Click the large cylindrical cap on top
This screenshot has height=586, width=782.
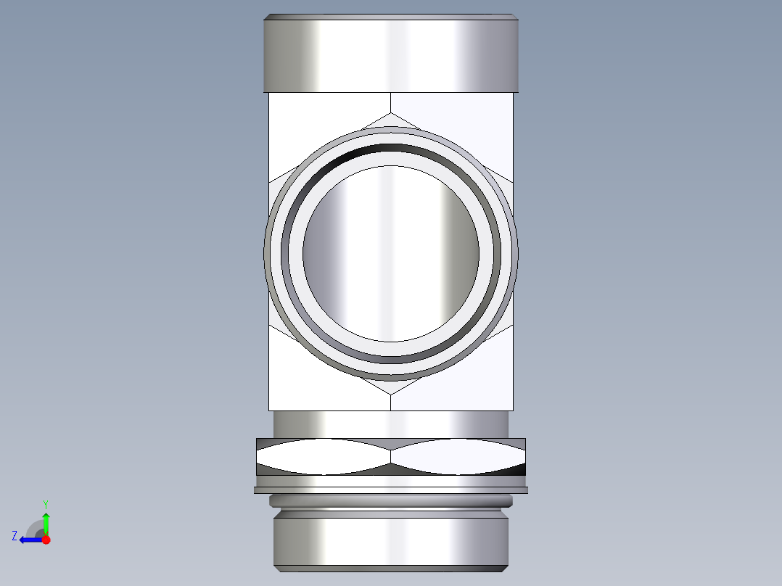[x=391, y=54]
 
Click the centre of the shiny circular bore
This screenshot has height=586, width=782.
[x=391, y=253]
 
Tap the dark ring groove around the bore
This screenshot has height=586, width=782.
[x=391, y=149]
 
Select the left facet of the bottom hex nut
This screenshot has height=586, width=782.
[x=324, y=457]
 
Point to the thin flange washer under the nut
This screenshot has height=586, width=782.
[x=391, y=490]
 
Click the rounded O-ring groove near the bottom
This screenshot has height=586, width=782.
[x=391, y=500]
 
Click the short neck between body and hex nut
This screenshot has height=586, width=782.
[x=391, y=424]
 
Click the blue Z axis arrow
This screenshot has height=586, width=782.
[x=29, y=540]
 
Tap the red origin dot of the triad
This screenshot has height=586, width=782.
[x=46, y=540]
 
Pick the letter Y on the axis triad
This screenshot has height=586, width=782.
[x=45, y=503]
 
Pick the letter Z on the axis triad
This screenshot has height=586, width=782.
[x=15, y=536]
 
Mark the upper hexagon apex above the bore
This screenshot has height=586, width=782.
[x=391, y=113]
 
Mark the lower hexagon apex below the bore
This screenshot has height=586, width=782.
[x=391, y=394]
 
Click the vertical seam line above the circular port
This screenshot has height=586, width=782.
[x=391, y=102]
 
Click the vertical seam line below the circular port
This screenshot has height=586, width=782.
[x=391, y=403]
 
